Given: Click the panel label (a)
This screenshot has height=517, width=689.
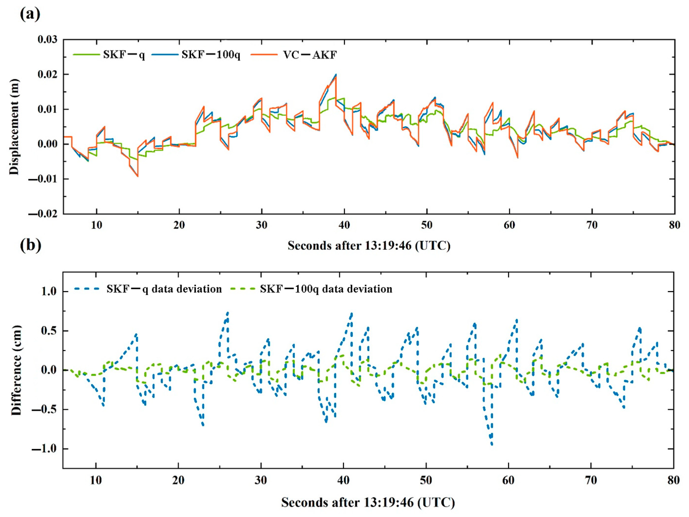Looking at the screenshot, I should point(30,14).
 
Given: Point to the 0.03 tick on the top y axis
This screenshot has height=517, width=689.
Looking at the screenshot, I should point(47,40).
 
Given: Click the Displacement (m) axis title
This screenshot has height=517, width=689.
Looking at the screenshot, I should point(14,127).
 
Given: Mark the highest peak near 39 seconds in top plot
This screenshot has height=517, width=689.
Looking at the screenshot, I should point(336,75).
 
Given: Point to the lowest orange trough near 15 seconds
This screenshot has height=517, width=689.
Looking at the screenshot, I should point(138,176).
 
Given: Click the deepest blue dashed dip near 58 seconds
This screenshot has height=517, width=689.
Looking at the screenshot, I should point(492,445).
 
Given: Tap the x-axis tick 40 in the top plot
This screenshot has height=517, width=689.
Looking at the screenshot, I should point(344,225).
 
